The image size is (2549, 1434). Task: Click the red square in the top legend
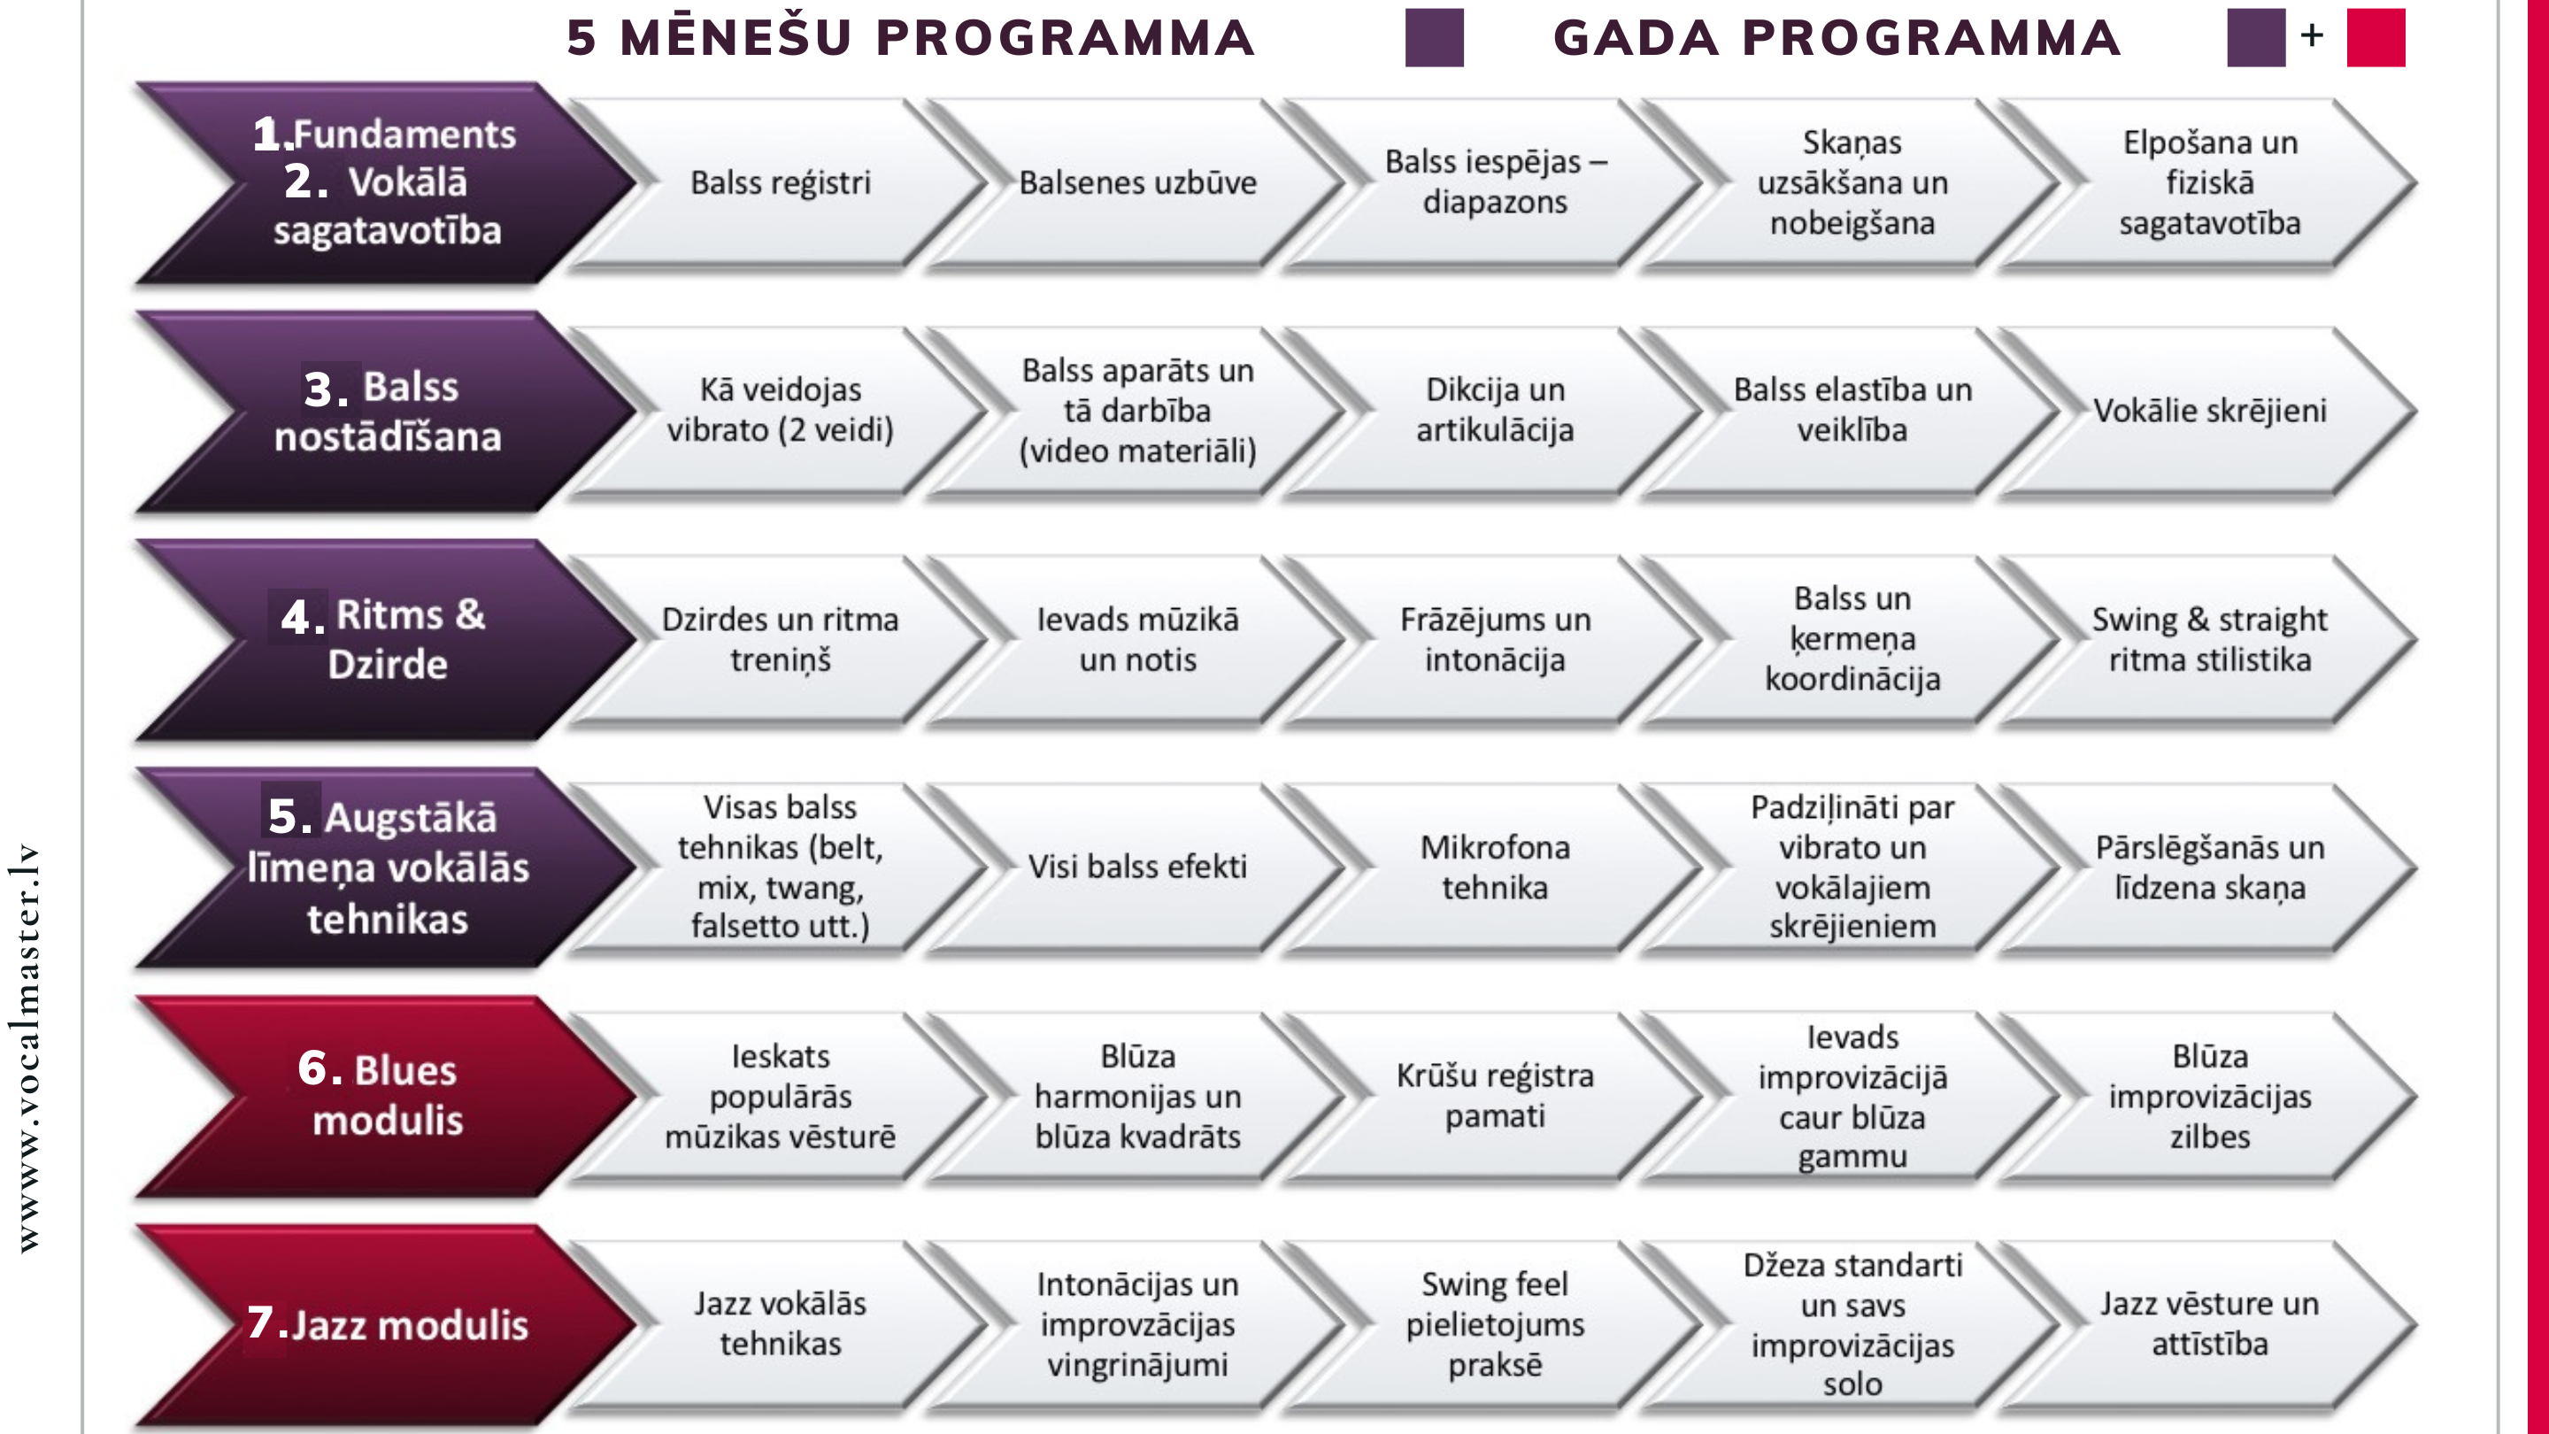point(2376,37)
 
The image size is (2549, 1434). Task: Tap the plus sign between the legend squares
point(2313,35)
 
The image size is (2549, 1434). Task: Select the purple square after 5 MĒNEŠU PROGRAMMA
point(1434,37)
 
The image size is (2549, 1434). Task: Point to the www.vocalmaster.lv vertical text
point(27,1047)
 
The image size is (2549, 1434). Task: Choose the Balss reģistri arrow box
point(780,183)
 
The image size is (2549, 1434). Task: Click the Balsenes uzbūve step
point(1138,183)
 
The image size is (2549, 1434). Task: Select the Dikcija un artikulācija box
point(1495,411)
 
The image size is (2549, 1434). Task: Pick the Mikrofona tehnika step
point(1495,867)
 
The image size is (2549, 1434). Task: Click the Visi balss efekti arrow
point(1138,867)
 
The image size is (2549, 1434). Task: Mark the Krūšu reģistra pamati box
point(1495,1097)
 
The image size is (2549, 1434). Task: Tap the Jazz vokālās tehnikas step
point(780,1324)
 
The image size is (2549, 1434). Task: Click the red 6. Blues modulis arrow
point(387,1097)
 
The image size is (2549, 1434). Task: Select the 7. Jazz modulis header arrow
point(387,1324)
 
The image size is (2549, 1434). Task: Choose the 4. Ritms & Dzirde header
point(387,639)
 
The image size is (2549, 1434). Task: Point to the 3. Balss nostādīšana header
point(387,411)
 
